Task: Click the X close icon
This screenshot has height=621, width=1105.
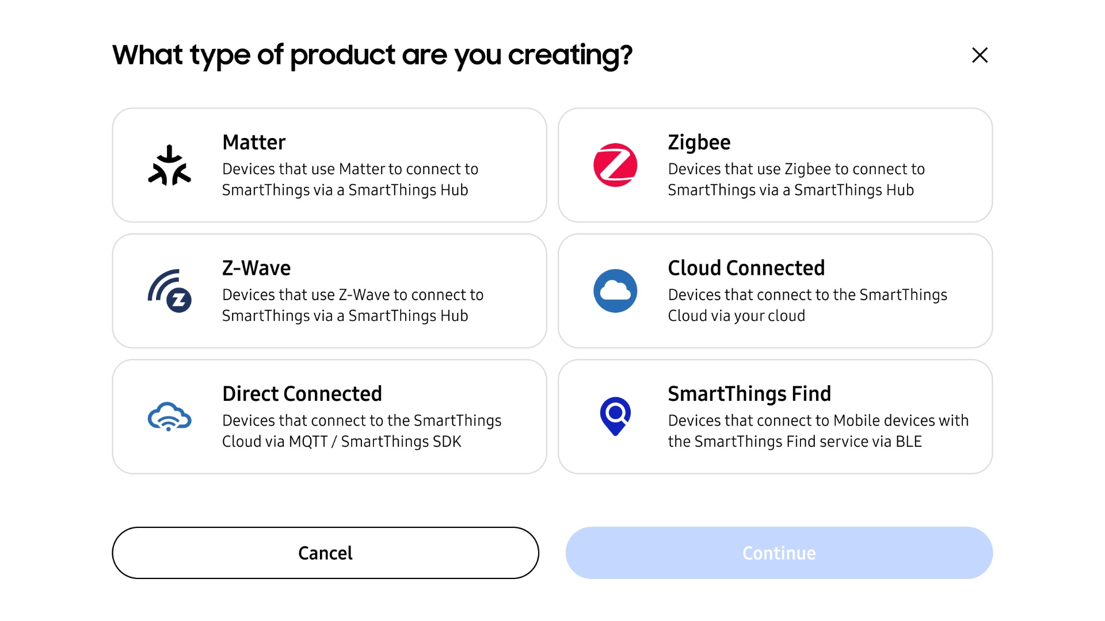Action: [x=980, y=55]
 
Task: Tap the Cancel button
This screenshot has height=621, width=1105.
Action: [x=325, y=553]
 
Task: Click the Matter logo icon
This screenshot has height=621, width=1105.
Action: [x=169, y=165]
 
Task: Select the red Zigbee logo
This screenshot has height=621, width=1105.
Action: [x=615, y=165]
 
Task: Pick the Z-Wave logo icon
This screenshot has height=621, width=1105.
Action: [x=169, y=291]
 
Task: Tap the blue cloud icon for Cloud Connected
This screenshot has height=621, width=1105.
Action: [x=615, y=291]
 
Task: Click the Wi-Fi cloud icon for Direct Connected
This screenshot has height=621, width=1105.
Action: [x=169, y=416]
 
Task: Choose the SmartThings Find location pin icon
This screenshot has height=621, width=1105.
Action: [x=615, y=416]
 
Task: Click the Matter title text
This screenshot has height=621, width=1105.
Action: [x=254, y=142]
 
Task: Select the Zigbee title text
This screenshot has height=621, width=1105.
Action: [x=699, y=142]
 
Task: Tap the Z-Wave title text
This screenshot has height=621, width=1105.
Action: [x=256, y=268]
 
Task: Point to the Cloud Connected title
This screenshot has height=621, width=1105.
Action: [x=746, y=268]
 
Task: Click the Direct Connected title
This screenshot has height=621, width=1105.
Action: [x=302, y=394]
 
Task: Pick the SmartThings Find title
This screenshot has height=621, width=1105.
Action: [x=749, y=394]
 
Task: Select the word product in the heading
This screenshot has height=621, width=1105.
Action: [x=342, y=55]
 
